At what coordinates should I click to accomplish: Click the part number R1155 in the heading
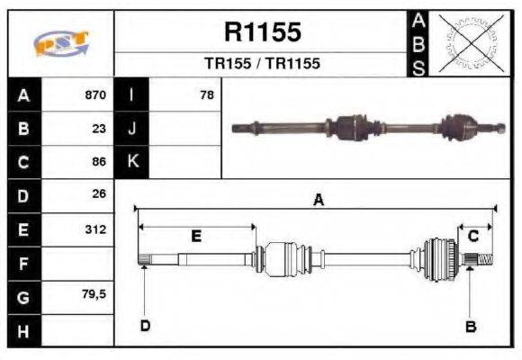coord(262,33)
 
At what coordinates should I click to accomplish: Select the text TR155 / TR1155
coord(262,64)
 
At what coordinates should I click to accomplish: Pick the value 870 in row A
coord(95,94)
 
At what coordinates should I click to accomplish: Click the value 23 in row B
coord(100,128)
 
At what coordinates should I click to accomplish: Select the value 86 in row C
coord(100,162)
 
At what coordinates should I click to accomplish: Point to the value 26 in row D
coord(100,193)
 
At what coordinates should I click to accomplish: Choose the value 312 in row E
coord(95,229)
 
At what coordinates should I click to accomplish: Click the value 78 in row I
coord(206,94)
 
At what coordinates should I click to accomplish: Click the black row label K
coord(132,162)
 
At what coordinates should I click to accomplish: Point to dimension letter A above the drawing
coord(318,201)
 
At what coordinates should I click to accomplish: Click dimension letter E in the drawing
coord(196,236)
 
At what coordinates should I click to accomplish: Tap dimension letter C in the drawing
coord(472,236)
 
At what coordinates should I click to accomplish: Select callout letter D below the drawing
coord(144,325)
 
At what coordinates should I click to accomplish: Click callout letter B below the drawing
coord(470,326)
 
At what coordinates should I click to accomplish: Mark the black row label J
coord(132,128)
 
